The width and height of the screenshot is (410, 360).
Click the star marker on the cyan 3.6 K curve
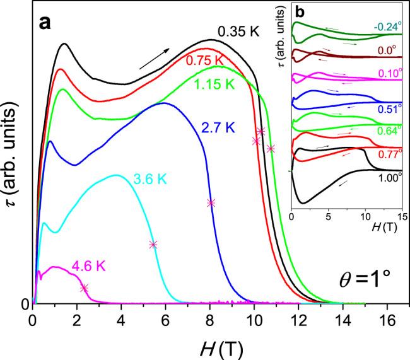pyautogui.click(x=153, y=245)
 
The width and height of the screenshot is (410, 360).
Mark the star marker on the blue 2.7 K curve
pyautogui.click(x=211, y=203)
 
